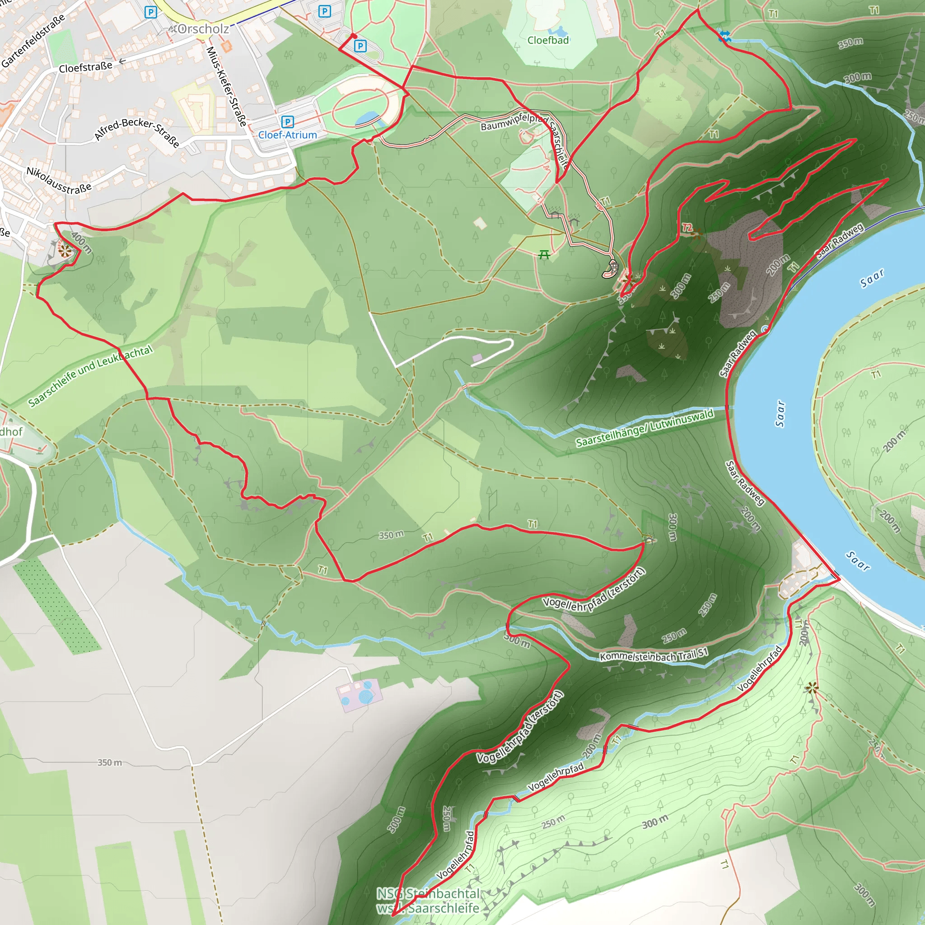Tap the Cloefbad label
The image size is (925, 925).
pyautogui.click(x=548, y=40)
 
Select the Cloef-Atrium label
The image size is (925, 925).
pyautogui.click(x=287, y=135)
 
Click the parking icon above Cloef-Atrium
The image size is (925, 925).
pyautogui.click(x=287, y=121)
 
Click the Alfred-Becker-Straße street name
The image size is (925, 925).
pyautogui.click(x=137, y=130)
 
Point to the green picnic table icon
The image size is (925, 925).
pyautogui.click(x=544, y=254)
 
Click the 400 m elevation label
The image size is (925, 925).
pyautogui.click(x=81, y=242)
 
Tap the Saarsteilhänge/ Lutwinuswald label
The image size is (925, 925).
pyautogui.click(x=645, y=428)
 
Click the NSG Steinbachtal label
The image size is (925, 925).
pyautogui.click(x=428, y=893)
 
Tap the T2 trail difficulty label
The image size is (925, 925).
pyautogui.click(x=687, y=228)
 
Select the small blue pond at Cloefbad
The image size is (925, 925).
pyautogui.click(x=558, y=32)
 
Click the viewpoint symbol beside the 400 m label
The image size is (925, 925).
pyautogui.click(x=64, y=249)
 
